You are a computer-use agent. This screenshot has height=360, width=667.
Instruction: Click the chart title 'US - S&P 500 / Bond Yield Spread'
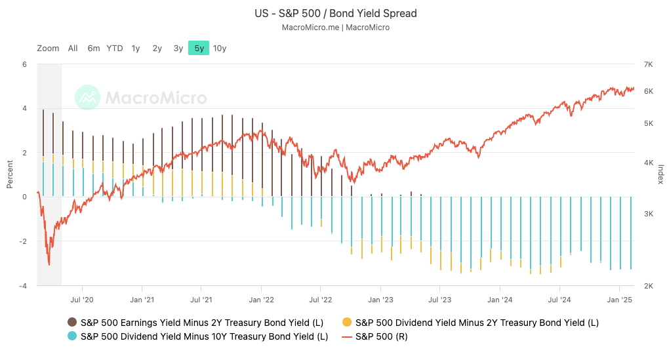(x=335, y=13)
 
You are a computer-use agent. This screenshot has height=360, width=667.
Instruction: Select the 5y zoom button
(x=199, y=48)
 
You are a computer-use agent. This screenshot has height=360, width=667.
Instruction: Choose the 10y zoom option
(x=220, y=48)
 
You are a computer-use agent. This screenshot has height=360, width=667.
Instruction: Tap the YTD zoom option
(x=115, y=48)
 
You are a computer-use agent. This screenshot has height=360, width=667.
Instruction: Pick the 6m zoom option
(x=94, y=48)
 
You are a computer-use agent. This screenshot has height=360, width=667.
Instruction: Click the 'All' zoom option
(x=73, y=48)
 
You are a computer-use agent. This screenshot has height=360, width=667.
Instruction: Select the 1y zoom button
(x=136, y=48)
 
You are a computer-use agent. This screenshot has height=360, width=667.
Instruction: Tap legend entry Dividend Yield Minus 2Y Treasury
(x=476, y=322)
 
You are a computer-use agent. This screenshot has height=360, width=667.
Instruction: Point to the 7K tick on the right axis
(x=649, y=64)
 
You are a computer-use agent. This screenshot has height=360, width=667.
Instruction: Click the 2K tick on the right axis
(x=649, y=286)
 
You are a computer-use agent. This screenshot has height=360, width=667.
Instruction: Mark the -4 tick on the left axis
(x=24, y=286)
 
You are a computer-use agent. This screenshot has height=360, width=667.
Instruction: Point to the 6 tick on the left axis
(x=25, y=64)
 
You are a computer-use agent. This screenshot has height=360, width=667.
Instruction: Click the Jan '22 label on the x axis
(x=261, y=299)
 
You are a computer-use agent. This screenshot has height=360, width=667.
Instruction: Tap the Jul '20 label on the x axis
(x=82, y=299)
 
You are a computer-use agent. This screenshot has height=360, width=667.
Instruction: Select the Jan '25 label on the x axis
(x=619, y=299)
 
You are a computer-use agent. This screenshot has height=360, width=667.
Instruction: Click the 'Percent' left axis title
(x=10, y=175)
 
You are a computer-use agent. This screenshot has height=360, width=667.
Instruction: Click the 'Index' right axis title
(x=660, y=175)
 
